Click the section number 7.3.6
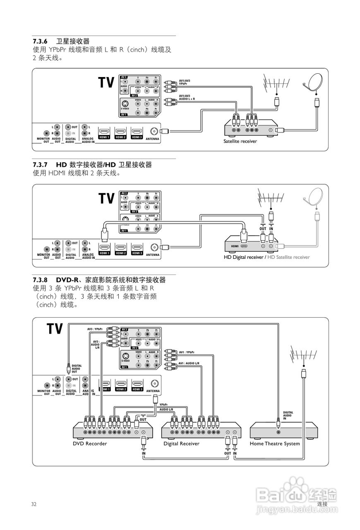[x=41, y=41]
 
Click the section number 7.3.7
[x=41, y=165]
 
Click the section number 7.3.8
[x=41, y=280]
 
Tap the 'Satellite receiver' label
[x=240, y=141]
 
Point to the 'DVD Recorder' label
[x=90, y=443]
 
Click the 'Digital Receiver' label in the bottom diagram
[x=181, y=443]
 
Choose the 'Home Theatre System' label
[x=275, y=443]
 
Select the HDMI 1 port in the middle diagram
[x=104, y=247]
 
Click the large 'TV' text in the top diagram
[x=106, y=82]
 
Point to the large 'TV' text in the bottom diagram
[x=55, y=329]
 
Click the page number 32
[x=34, y=504]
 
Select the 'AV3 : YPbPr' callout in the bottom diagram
[x=95, y=329]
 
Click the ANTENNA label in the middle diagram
[x=153, y=255]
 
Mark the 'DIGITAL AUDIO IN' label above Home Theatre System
[x=288, y=415]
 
